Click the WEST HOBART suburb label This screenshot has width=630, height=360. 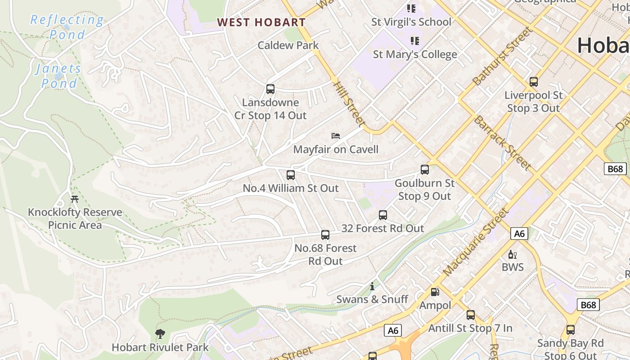(x=261, y=22)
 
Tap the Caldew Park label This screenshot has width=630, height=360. (x=288, y=45)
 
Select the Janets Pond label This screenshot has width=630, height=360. (x=59, y=76)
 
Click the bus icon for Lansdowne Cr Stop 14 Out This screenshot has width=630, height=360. (x=270, y=89)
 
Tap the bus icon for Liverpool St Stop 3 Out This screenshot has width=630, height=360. (x=534, y=82)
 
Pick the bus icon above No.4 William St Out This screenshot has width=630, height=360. (x=291, y=175)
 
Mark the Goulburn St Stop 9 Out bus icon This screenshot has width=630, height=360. (x=425, y=170)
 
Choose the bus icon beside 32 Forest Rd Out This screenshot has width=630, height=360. (x=383, y=215)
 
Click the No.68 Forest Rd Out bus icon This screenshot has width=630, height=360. (x=325, y=235)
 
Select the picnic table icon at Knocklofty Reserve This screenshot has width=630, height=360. (x=75, y=199)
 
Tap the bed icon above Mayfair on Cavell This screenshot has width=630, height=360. (x=335, y=135)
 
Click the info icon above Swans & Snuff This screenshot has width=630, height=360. (x=372, y=286)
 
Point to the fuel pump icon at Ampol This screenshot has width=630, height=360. (x=435, y=292)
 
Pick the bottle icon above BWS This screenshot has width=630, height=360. (x=513, y=255)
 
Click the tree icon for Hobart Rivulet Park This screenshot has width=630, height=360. (x=160, y=334)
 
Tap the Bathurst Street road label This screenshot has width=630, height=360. (x=502, y=56)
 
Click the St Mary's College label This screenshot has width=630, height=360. (x=415, y=54)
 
